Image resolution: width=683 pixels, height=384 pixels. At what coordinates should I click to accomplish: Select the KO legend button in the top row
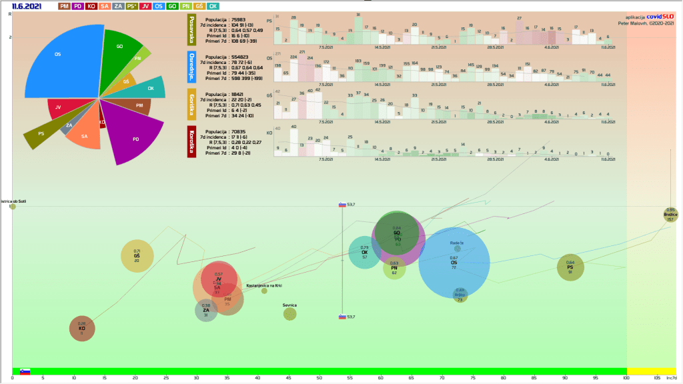point(91,6)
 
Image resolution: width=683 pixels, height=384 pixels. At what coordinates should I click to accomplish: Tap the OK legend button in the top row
point(213,6)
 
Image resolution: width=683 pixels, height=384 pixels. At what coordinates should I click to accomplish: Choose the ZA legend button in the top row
point(118,6)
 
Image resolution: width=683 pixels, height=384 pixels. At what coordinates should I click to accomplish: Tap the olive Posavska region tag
point(192,30)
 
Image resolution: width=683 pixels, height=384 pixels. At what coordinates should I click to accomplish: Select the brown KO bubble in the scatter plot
point(82,328)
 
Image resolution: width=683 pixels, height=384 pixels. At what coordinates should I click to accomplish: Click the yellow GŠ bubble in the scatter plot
point(137,255)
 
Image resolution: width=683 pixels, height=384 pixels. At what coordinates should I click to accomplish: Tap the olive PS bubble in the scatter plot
point(570,267)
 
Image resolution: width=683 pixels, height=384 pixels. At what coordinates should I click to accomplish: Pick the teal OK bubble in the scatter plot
point(364,252)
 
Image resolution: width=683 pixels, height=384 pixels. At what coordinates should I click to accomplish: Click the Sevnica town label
point(289,305)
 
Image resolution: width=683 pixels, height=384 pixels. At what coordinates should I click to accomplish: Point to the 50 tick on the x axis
point(319,378)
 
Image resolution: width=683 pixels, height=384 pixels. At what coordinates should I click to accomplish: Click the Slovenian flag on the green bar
point(25,371)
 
